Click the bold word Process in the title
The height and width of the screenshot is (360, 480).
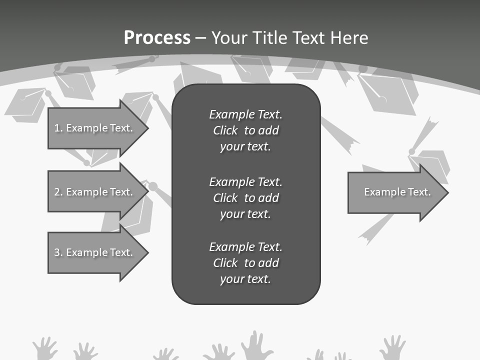click(157, 38)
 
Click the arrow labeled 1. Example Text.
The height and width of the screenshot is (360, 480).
click(95, 128)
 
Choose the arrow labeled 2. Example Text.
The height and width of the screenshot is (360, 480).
click(95, 192)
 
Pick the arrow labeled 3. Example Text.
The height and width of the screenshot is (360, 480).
click(95, 252)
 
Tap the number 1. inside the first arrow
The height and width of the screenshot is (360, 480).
click(58, 128)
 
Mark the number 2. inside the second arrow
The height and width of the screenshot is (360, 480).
click(58, 192)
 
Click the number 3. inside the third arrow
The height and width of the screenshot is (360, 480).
click(58, 252)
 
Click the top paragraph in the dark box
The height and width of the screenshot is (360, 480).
click(245, 130)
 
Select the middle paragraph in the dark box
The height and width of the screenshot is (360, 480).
click(245, 198)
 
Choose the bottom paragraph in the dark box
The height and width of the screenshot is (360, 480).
click(245, 263)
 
